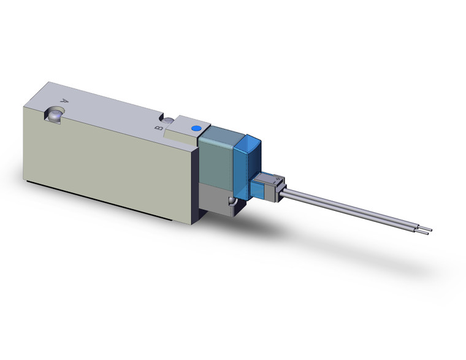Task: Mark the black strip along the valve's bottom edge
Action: tap(110, 203)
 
